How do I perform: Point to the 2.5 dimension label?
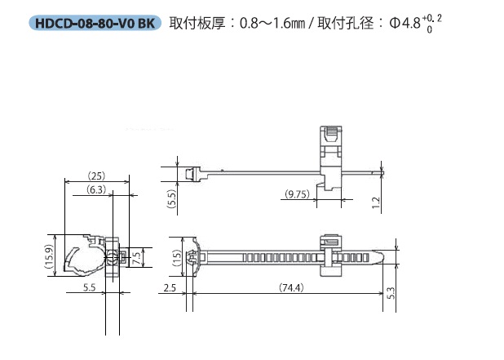pyautogui.click(x=170, y=287)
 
